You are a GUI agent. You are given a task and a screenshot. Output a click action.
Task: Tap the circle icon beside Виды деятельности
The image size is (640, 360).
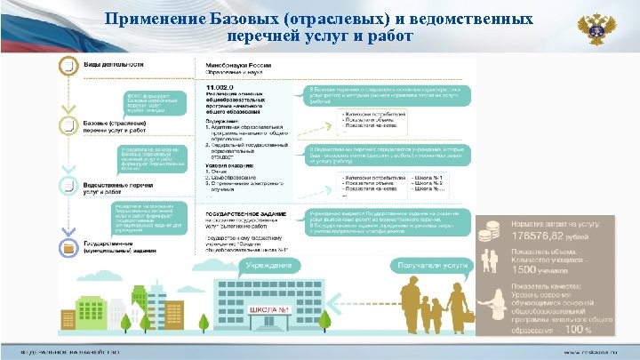[67, 66]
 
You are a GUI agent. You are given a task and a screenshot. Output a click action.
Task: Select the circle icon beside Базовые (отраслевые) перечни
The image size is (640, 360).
[67, 124]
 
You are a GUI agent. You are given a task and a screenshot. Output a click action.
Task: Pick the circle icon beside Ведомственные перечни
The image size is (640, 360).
[67, 185]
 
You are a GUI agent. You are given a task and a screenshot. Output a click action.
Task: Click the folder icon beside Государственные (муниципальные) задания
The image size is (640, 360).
[67, 246]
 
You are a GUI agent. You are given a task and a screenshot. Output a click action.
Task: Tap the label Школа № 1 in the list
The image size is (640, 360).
[426, 180]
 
